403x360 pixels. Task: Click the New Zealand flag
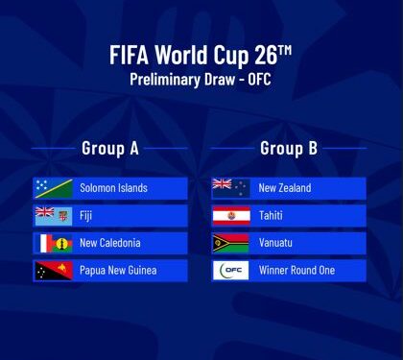[230, 188]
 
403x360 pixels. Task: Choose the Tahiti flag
[230, 215]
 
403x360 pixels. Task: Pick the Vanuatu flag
[230, 243]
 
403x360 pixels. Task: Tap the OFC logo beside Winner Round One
[230, 271]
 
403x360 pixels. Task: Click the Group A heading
[110, 148]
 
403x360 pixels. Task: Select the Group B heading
[289, 148]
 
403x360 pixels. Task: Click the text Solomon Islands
[113, 188]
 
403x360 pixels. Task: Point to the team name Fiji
[86, 216]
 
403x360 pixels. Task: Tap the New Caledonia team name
[110, 243]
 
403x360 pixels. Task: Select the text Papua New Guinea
[118, 271]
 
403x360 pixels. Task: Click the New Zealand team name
[285, 188]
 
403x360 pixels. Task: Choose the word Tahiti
[271, 216]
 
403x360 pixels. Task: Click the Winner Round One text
[296, 271]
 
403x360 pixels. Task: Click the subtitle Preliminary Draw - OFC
[201, 80]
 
